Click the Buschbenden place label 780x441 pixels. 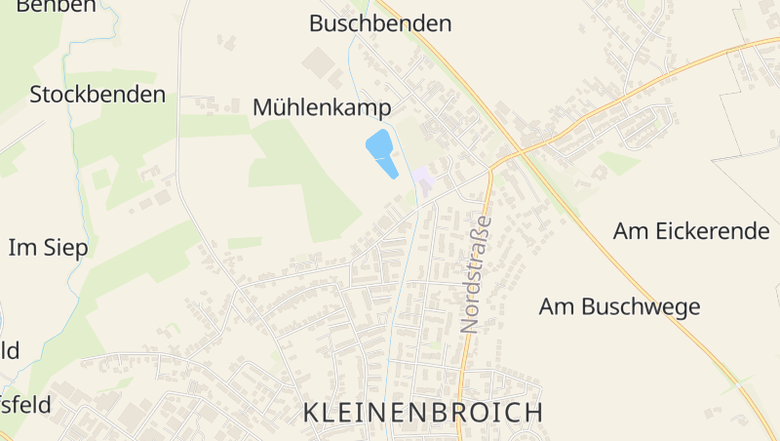pyautogui.click(x=380, y=23)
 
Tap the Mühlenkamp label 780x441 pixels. pyautogui.click(x=322, y=107)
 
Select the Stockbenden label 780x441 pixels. pyautogui.click(x=97, y=95)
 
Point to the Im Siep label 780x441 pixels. pyautogui.click(x=49, y=248)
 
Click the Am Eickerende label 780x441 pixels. pyautogui.click(x=691, y=231)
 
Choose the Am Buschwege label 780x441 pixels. pyautogui.click(x=619, y=306)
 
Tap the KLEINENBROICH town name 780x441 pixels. pyautogui.click(x=423, y=412)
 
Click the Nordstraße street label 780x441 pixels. pyautogui.click(x=475, y=275)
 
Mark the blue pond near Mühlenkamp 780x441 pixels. pyautogui.click(x=381, y=152)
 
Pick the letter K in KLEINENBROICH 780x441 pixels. pyautogui.click(x=311, y=412)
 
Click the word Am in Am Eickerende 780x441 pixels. pyautogui.click(x=630, y=231)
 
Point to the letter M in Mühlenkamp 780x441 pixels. pyautogui.click(x=262, y=107)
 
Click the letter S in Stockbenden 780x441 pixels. pyautogui.click(x=36, y=95)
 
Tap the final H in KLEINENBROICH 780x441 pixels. pyautogui.click(x=534, y=412)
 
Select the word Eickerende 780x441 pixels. pyautogui.click(x=712, y=231)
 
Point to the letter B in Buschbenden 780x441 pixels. pyautogui.click(x=316, y=23)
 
